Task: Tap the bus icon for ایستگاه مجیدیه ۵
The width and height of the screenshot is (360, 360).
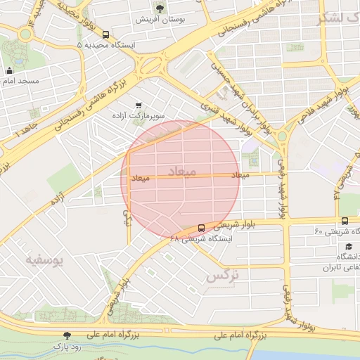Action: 105,34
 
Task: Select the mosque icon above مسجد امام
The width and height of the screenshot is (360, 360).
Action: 9,70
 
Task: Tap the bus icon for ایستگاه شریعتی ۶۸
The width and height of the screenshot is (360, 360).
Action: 202,228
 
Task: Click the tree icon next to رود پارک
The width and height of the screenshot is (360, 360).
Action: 67,336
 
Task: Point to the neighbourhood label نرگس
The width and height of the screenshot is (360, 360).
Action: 223,276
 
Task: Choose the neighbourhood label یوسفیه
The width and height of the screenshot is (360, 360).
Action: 45,261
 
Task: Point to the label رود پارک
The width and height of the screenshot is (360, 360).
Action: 67,347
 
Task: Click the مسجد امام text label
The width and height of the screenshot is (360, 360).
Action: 22,81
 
